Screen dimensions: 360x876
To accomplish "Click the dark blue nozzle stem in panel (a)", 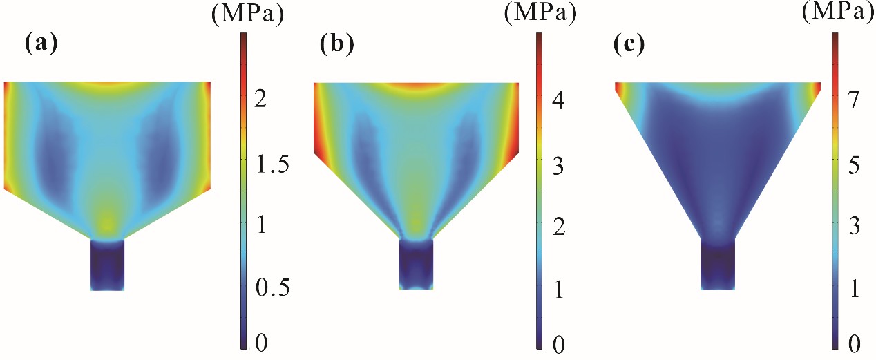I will click(107, 265).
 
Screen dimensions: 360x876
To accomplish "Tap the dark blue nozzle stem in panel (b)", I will click(417, 265).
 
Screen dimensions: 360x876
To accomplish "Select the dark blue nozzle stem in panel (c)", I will click(718, 265).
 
